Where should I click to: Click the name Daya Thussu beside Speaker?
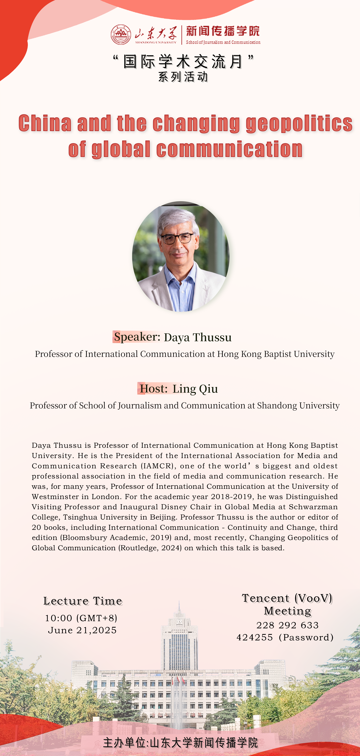(x=198, y=338)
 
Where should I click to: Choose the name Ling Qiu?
(x=195, y=389)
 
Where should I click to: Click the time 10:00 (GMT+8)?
(x=81, y=618)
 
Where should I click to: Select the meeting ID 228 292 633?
(x=287, y=625)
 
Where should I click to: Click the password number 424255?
(x=254, y=637)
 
